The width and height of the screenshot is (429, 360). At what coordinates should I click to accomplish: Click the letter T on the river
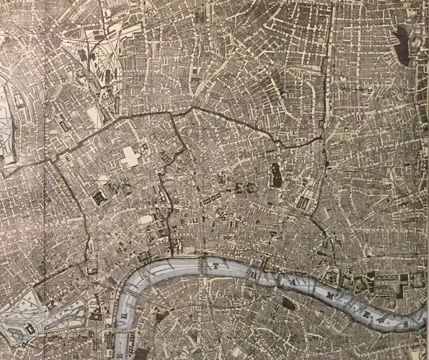pyautogui.click(x=215, y=266)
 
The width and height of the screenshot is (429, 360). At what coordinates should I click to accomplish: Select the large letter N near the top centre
pyautogui.click(x=200, y=19)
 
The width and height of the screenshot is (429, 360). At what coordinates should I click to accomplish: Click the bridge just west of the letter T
pyautogui.click(x=202, y=265)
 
